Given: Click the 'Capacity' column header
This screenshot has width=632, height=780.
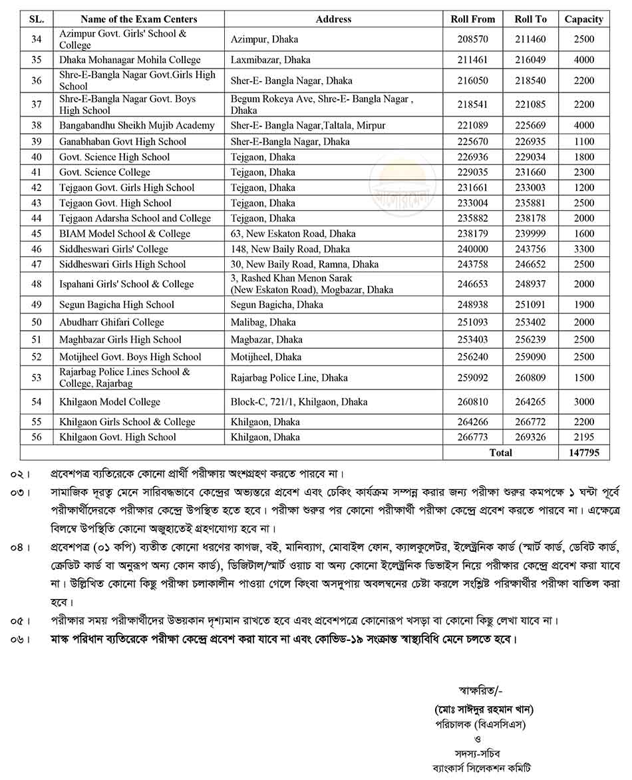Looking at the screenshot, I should [583, 19].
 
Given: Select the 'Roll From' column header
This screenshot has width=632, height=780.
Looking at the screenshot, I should [472, 19].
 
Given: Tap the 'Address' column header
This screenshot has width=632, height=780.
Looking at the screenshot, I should [333, 19].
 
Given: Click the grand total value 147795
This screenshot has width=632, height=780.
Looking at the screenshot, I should [583, 453].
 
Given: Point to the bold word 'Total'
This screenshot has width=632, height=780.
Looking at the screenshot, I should [500, 453].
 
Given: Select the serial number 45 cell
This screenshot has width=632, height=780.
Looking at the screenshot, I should [37, 234].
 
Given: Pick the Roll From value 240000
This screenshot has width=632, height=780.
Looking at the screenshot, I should [472, 249].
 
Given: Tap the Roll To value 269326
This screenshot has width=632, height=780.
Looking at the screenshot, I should [530, 437].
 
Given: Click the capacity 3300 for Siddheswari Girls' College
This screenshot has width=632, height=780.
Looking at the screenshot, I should [583, 249].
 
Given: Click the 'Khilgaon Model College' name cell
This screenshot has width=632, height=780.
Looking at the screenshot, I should [110, 402].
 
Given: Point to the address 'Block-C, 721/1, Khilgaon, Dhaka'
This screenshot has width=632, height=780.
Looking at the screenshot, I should [299, 402].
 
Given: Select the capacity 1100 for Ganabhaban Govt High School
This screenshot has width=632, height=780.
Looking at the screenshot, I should [583, 142].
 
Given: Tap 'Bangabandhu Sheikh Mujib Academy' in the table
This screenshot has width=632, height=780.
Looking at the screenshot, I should [137, 126].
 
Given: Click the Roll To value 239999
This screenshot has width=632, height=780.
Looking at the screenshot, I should [530, 234].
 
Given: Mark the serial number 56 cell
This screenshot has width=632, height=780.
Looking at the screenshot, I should [37, 437].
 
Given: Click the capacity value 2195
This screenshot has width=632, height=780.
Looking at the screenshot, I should [583, 437].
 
